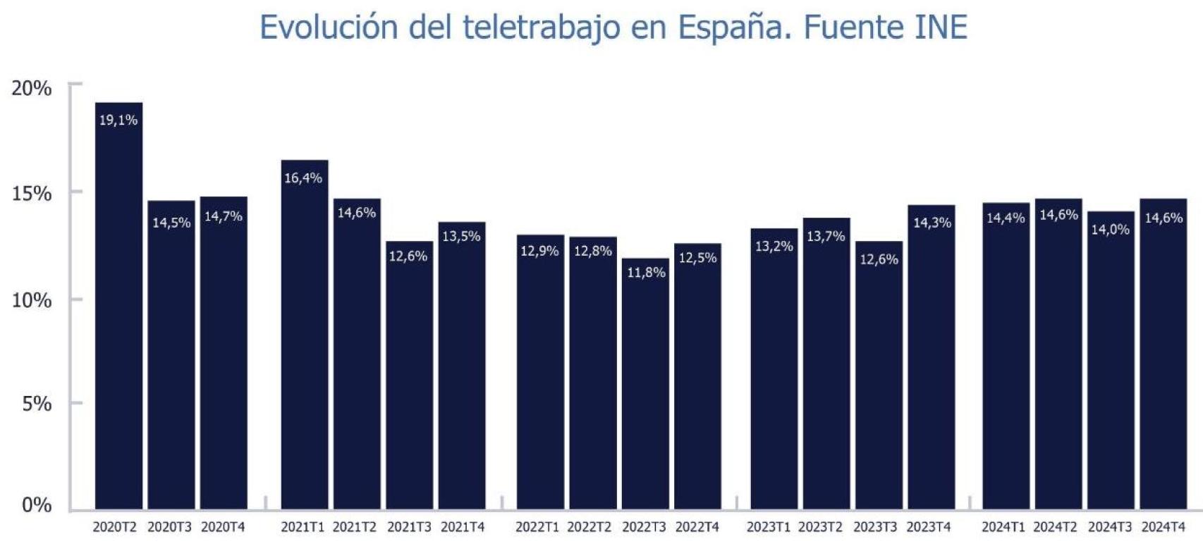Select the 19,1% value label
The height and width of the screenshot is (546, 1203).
[x=118, y=120]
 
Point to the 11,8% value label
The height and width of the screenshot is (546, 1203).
[x=646, y=272]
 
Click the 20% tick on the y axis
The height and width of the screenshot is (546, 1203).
[x=32, y=89]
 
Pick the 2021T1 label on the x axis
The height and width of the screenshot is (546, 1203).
[x=303, y=527]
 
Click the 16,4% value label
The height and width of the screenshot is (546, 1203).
[x=303, y=178]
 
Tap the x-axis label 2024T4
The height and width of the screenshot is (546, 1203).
[x=1163, y=527]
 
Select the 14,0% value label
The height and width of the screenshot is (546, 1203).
[x=1111, y=230]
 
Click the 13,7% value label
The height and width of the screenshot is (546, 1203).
[x=826, y=237]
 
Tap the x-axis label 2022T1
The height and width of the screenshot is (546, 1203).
[x=537, y=527]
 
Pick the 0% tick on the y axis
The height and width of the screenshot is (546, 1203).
[x=37, y=505]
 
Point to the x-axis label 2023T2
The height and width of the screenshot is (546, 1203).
[x=820, y=527]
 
